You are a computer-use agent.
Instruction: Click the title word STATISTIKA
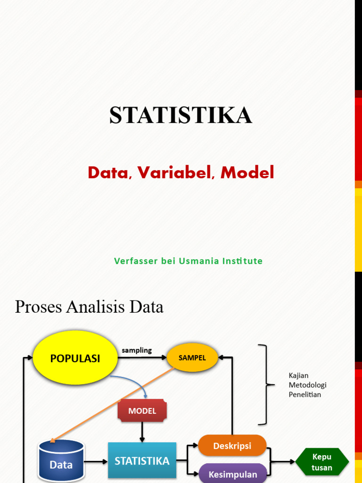181,116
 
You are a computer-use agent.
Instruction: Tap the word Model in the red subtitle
247,173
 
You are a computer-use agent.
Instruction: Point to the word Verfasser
135,261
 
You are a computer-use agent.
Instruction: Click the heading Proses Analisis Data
89,307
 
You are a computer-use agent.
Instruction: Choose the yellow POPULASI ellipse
75,358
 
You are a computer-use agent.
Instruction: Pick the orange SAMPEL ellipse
192,358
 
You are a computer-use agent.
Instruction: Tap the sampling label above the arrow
137,350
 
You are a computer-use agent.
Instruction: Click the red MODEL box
142,411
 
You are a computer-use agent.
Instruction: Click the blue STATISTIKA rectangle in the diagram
142,460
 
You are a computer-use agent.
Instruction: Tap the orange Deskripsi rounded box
232,446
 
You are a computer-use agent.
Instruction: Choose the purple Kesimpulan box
232,474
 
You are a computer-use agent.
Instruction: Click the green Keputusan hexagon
322,462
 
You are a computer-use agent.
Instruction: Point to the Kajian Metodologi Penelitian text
307,385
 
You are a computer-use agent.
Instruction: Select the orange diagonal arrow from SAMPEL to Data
113,405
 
